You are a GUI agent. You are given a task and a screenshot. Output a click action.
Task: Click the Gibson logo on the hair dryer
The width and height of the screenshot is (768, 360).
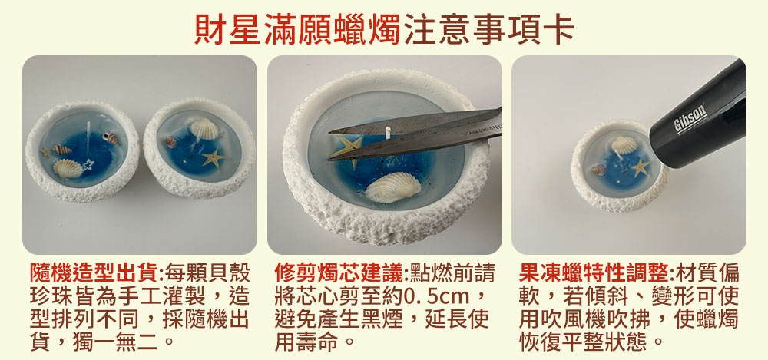(690, 118)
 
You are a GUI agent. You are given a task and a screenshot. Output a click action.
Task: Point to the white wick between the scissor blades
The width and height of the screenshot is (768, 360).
(387, 132)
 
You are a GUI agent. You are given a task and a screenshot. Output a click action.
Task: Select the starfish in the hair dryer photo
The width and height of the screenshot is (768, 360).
(641, 167)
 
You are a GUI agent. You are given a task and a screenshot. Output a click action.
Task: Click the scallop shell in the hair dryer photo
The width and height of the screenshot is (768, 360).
(624, 145)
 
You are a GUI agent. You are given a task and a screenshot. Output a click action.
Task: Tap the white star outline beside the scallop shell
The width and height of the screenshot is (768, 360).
(88, 164)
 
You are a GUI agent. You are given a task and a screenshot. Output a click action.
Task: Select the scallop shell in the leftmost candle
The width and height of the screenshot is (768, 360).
(68, 169)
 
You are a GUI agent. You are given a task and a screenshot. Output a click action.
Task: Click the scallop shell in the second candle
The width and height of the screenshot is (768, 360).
(204, 128)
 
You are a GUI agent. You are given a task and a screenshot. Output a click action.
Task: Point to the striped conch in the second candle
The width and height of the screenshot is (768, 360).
(171, 142)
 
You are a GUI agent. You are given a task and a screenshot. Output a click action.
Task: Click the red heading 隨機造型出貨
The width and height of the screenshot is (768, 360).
(94, 273)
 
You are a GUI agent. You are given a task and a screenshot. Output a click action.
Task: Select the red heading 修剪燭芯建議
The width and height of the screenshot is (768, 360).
(339, 273)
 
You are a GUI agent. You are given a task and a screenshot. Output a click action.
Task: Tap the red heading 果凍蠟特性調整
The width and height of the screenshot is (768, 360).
(594, 273)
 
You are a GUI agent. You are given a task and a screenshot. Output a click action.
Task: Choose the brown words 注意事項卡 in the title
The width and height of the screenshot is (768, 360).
(488, 29)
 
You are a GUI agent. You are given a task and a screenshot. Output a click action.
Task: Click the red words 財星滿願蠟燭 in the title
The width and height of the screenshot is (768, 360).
(298, 29)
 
